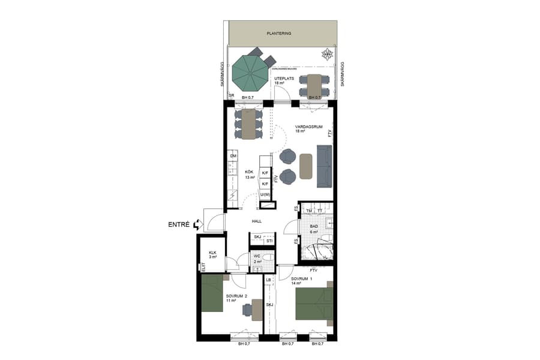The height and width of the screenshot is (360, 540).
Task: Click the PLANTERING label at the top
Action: pos(279,34)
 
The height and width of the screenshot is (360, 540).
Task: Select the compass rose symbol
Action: pos(327,55)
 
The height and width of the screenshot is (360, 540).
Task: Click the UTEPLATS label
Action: pos(283,79)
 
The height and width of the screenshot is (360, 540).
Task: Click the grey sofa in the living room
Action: pos(325,166)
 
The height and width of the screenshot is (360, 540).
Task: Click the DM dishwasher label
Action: pos(233,156)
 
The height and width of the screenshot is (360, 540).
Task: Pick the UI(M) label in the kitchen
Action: pos(265,195)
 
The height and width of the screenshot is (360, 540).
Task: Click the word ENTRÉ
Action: pos(178,226)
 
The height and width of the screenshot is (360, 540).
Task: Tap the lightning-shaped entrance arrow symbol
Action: pos(196,226)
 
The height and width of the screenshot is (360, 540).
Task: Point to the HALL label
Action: pos(257,221)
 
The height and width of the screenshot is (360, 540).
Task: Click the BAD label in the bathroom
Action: pos(313,227)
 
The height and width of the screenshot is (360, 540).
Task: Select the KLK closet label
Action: pos(212,253)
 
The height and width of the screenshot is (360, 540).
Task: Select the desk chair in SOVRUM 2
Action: pos(248,310)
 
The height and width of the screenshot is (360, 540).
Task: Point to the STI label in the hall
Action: pos(269,241)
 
